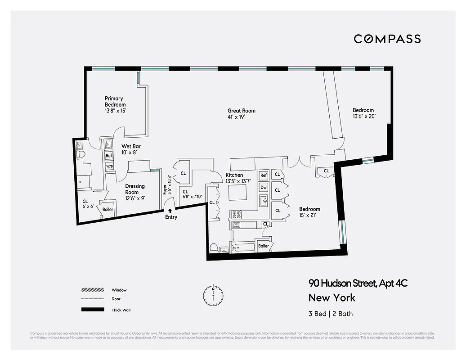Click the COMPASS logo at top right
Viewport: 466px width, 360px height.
point(387,39)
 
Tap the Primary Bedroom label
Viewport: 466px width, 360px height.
point(115,102)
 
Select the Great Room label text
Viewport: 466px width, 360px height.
point(242,111)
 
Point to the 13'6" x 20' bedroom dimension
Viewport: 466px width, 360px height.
point(363,117)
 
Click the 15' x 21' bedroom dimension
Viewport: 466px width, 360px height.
point(310,216)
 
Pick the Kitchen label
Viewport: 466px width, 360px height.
point(234,175)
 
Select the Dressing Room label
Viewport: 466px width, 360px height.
point(135,189)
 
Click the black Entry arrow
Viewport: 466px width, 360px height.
point(170,210)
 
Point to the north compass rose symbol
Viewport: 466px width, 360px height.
point(213,295)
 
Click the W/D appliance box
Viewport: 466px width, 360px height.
point(109,166)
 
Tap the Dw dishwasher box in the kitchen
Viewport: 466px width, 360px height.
point(264,187)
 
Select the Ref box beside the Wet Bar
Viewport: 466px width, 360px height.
point(109,156)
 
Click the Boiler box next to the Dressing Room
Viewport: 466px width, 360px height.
point(108,210)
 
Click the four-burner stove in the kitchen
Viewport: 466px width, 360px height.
point(236,214)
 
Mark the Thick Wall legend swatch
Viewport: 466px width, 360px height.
point(93,310)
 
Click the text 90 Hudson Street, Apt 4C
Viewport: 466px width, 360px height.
point(358,283)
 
